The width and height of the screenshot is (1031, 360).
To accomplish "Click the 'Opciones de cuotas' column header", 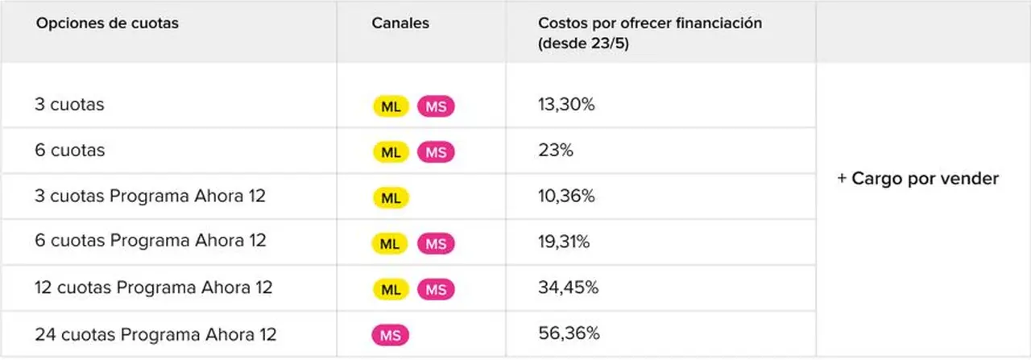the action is click(107, 23).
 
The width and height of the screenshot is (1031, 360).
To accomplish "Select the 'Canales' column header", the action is click(400, 23).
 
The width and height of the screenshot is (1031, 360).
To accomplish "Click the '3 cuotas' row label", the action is click(69, 105).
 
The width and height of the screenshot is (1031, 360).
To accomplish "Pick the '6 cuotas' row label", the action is click(70, 150).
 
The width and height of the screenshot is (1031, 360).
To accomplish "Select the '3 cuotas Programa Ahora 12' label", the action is click(150, 196).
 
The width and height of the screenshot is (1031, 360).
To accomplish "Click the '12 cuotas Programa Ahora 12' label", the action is click(154, 288).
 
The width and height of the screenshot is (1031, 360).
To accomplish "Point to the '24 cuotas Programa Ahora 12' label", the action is click(155, 334).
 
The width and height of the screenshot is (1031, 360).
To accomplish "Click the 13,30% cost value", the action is click(566, 105).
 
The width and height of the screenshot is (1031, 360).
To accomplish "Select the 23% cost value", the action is click(556, 150).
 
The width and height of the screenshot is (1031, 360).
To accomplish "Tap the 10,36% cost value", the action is click(566, 196).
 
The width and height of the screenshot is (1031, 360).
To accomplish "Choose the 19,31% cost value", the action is click(564, 242).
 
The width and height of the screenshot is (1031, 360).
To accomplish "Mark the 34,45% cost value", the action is click(569, 288).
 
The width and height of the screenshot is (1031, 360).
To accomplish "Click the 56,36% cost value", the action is click(569, 333).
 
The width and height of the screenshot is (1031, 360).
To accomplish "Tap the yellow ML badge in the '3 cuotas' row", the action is click(391, 106).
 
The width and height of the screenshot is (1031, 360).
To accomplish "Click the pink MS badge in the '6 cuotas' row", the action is click(436, 152).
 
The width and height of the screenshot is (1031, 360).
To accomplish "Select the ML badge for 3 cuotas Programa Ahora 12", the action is click(391, 198).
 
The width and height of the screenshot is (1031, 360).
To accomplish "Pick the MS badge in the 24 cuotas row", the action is click(391, 335).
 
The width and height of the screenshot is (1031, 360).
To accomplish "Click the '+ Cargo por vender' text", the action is click(917, 179).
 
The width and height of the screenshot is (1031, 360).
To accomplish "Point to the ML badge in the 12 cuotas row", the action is click(391, 290).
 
